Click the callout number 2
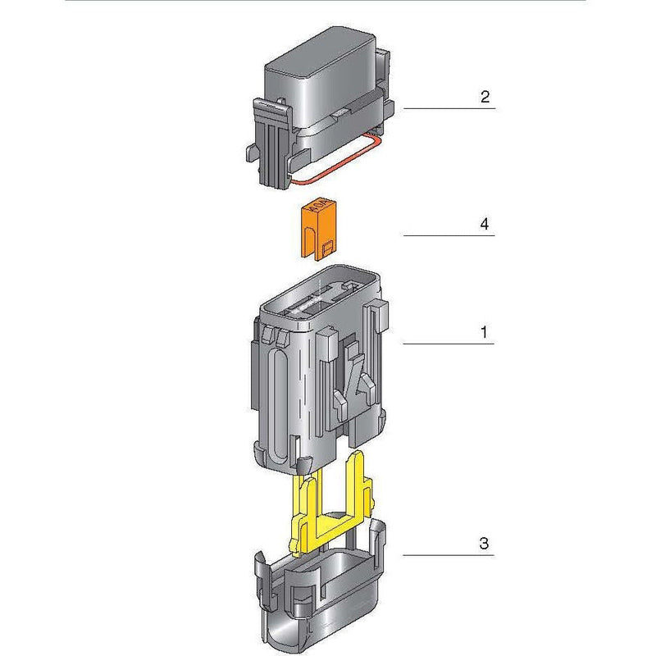click(x=485, y=97)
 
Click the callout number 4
click(x=485, y=224)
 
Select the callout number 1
click(x=484, y=332)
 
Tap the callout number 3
click(x=484, y=543)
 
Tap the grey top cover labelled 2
click(x=320, y=90)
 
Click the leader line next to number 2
click(x=449, y=108)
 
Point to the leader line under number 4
click(x=449, y=236)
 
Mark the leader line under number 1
click(x=449, y=344)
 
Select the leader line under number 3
click(x=449, y=555)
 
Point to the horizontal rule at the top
click(x=328, y=1)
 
